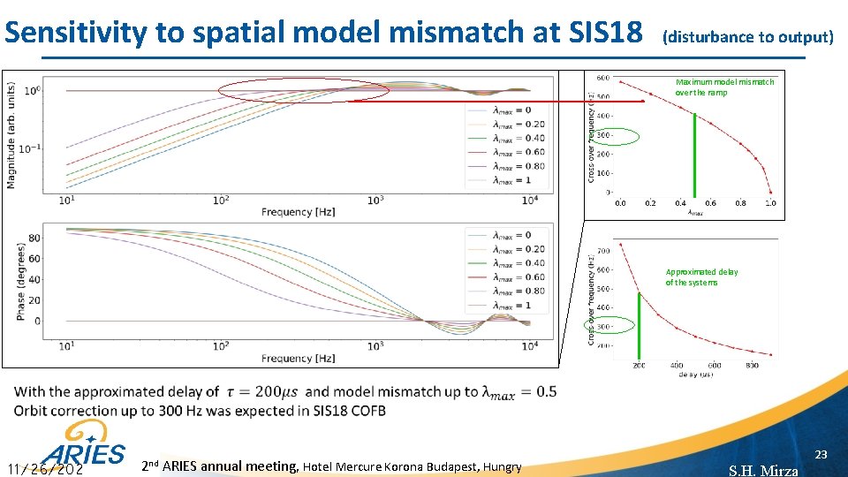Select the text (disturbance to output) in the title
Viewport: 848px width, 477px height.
pos(747,37)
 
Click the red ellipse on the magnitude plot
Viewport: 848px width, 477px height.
pos(304,90)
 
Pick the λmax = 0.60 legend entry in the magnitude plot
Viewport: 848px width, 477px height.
pos(506,152)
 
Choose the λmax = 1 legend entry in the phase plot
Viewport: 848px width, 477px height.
pos(506,305)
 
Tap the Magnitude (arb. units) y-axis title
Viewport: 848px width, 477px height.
pos(11,134)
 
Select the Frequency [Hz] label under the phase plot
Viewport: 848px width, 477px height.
pos(298,359)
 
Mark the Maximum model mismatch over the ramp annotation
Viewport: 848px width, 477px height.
pos(724,87)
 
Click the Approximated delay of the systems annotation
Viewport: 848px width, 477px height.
pos(701,277)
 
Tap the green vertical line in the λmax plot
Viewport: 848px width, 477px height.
pos(695,154)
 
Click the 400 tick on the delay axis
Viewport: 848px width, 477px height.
pos(676,365)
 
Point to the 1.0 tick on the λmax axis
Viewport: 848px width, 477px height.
pos(770,203)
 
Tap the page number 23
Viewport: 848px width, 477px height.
pos(821,454)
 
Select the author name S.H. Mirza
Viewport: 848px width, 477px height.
pos(763,470)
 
